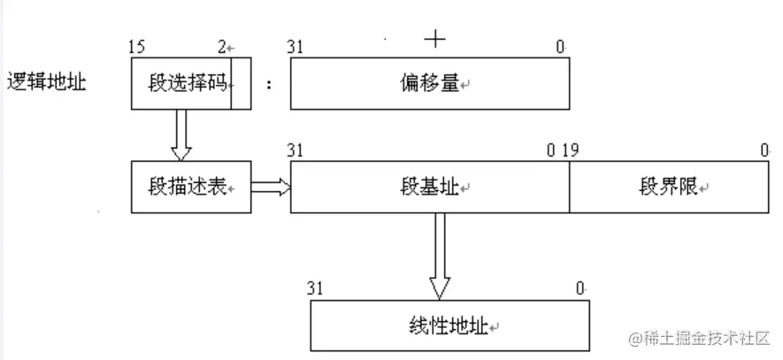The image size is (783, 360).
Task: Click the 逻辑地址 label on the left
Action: [46, 84]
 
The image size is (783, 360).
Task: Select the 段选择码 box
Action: [181, 84]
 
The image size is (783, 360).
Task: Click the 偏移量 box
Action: [429, 85]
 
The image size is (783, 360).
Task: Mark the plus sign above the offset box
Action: [434, 38]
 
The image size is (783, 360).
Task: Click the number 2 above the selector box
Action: [223, 46]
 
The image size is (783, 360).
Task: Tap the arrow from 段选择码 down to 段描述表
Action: [182, 134]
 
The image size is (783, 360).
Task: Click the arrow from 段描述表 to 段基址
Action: [271, 187]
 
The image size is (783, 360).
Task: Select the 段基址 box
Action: [429, 188]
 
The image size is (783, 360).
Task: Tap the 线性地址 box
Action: [449, 326]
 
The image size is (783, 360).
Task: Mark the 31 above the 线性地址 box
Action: [315, 287]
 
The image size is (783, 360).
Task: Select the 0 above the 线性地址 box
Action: [580, 287]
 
